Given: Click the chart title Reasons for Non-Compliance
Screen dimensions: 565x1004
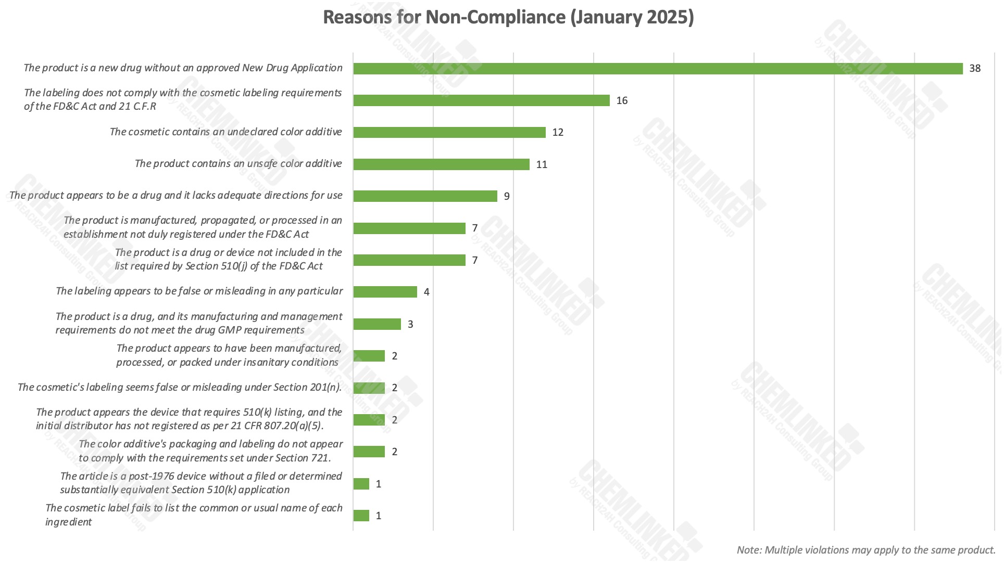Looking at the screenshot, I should pos(508,17).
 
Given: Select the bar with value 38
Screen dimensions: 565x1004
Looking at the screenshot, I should pos(658,69).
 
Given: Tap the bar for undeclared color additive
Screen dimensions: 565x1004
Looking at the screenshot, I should pos(449,133).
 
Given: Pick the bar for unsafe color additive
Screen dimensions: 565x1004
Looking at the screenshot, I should pos(441,164).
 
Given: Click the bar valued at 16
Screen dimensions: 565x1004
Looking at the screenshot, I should pos(481,100).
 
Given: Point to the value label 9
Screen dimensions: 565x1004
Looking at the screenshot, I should pos(507,197).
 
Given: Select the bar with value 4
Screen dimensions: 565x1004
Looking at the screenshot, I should pos(385,292).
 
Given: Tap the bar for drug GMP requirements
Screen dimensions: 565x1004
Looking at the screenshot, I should pos(377,324).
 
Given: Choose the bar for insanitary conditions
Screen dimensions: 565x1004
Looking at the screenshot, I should pos(369,356).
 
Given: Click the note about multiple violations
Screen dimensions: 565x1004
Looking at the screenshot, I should pos(865,550).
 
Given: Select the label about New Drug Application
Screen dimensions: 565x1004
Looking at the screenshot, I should pos(183,68).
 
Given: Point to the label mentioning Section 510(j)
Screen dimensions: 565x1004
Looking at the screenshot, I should pos(228,259).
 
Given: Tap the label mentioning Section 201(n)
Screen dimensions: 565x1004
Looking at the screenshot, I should pos(180,388).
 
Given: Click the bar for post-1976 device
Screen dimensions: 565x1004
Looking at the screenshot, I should pos(361,484).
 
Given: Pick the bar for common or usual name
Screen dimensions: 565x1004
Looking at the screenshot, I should pos(361,516).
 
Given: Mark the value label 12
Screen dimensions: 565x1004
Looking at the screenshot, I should pos(558,133).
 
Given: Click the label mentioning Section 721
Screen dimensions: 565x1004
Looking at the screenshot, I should pos(210,451).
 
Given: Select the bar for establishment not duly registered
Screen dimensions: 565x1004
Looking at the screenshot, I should pos(409,228).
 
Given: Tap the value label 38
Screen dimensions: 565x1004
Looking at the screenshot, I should pos(975,69).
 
